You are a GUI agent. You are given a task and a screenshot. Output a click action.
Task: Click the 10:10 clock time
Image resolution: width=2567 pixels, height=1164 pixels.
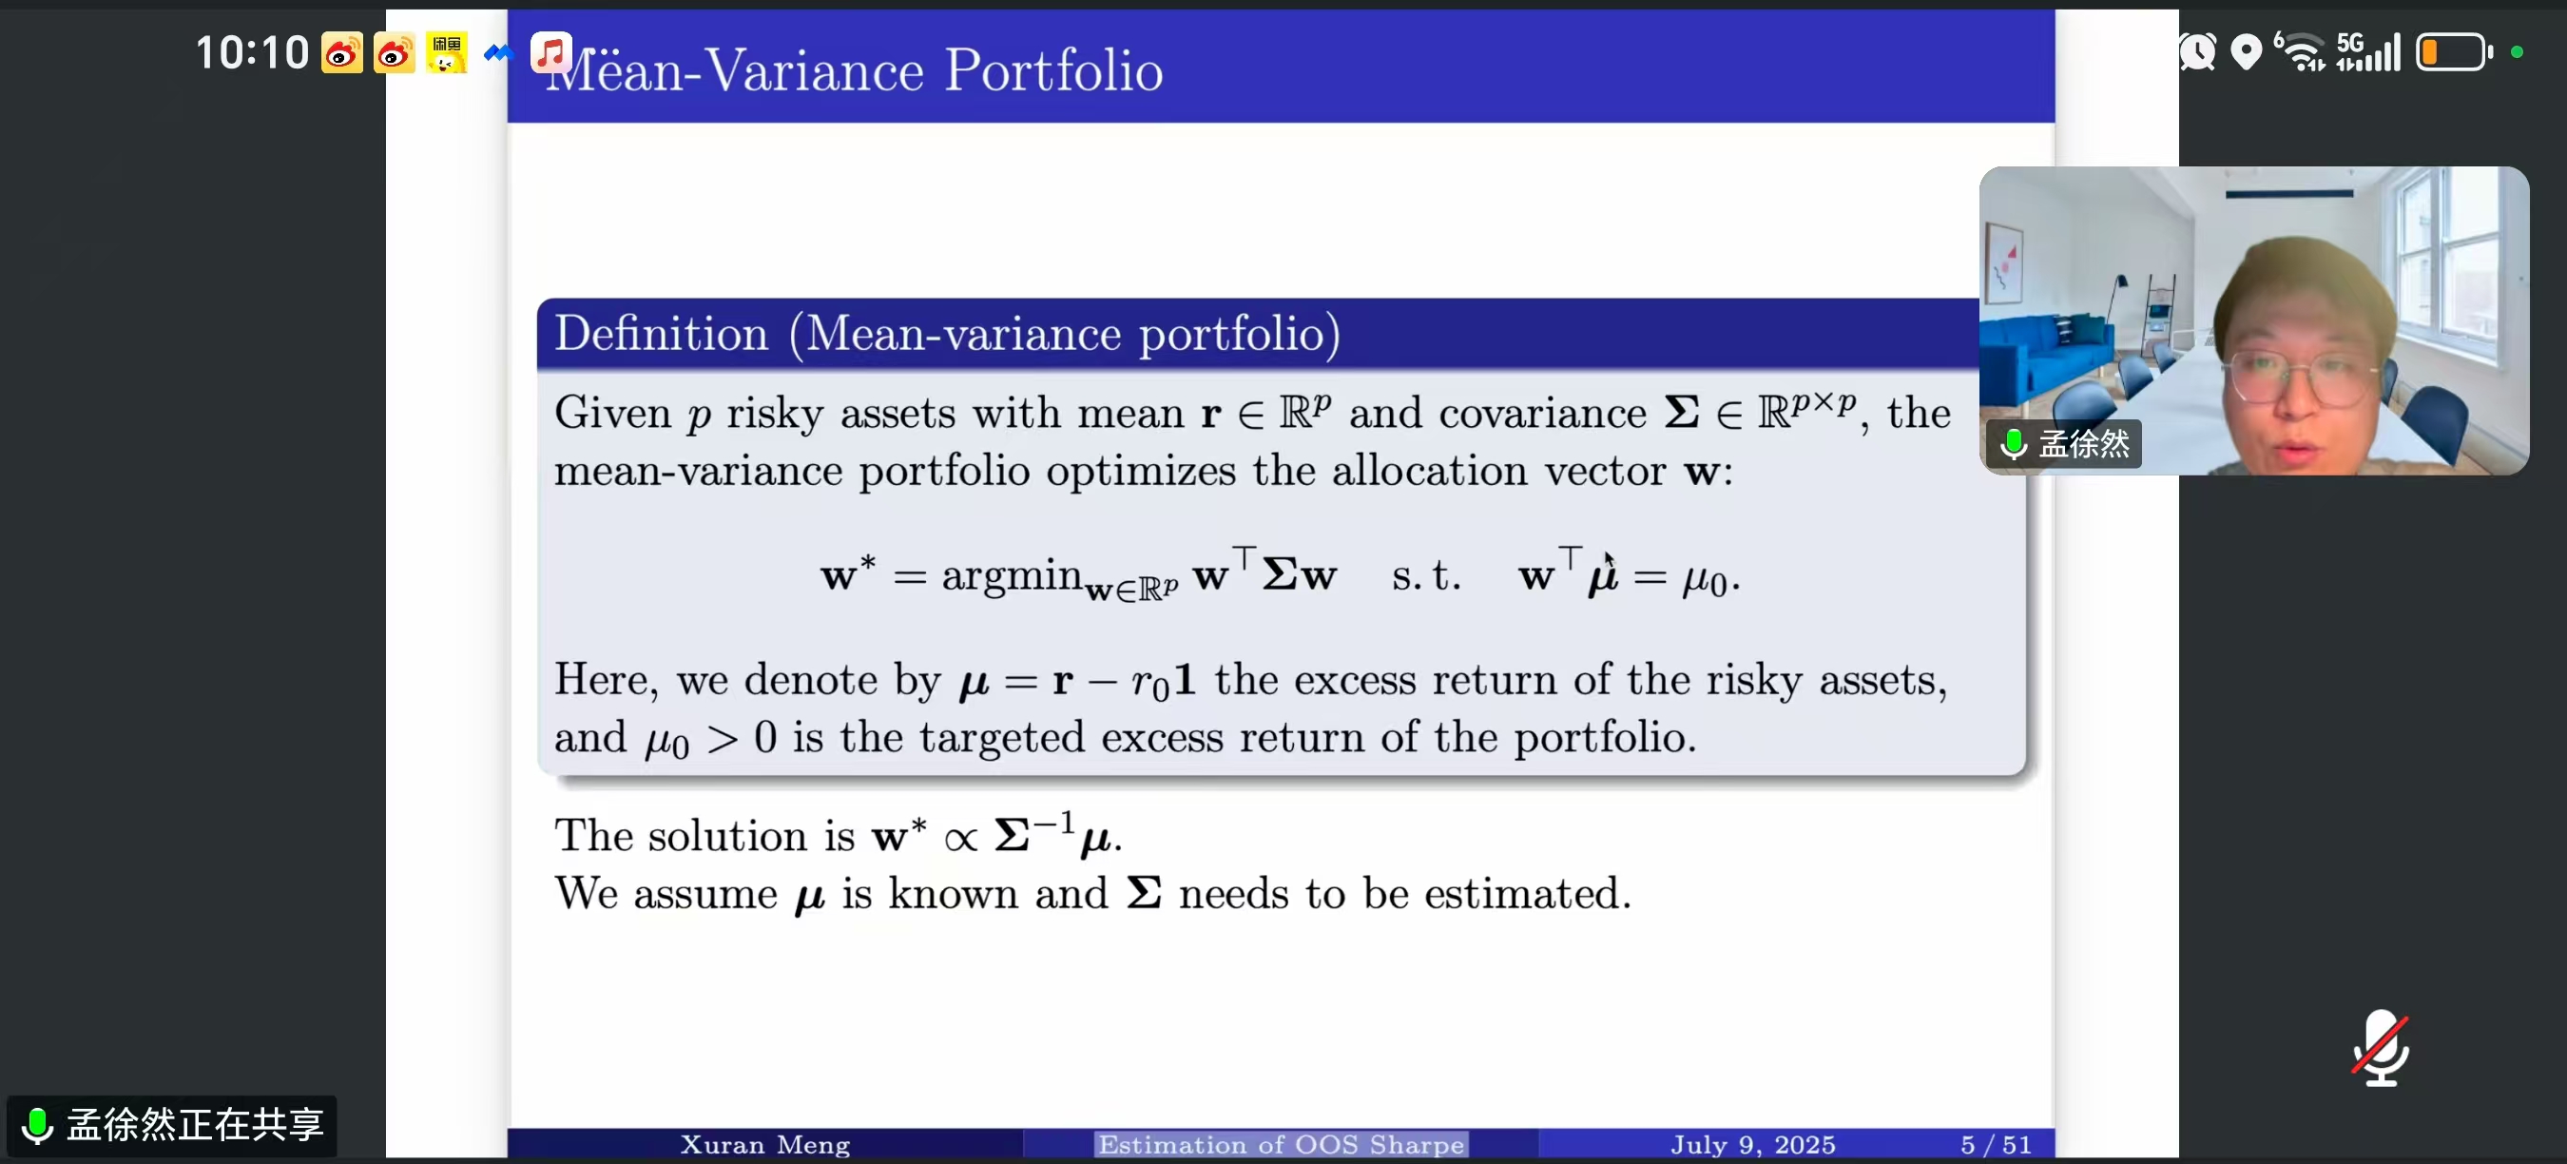[x=252, y=51]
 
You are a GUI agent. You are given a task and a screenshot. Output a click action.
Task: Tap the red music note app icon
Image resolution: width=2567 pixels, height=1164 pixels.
[x=551, y=50]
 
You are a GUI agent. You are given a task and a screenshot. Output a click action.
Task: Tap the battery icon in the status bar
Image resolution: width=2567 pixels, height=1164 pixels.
[x=2454, y=51]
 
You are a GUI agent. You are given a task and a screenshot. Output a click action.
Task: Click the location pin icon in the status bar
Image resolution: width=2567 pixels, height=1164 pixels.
[x=2246, y=51]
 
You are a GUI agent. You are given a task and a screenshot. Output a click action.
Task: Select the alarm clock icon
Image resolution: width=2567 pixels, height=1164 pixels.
[x=2197, y=51]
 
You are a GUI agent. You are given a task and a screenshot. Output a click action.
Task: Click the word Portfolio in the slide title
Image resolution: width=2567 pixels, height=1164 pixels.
[x=1053, y=70]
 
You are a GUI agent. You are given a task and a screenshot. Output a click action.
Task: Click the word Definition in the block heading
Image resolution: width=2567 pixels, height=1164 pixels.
[x=662, y=333]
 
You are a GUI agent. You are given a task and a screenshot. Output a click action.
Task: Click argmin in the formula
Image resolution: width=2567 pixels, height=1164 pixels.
[x=1012, y=575]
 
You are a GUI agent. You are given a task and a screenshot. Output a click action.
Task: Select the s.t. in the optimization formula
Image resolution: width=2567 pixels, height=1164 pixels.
[x=1426, y=576]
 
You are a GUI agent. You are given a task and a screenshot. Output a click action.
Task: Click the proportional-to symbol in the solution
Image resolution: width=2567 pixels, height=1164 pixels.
[x=960, y=839]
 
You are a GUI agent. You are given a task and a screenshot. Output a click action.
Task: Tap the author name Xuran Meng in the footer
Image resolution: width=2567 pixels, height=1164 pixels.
[x=764, y=1144]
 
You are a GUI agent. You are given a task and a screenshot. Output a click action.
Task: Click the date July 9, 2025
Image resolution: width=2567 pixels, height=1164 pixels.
[x=1753, y=1144]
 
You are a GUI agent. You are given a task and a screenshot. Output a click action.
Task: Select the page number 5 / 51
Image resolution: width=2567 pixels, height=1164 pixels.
[x=1996, y=1144]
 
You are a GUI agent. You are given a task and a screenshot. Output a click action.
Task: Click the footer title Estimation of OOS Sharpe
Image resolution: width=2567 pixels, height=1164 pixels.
[x=1281, y=1144]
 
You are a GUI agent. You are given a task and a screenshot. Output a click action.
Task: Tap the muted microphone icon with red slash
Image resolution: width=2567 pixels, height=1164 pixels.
[x=2381, y=1047]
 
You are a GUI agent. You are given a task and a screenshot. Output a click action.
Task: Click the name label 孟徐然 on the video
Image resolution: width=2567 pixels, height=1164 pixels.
[x=2083, y=443]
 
